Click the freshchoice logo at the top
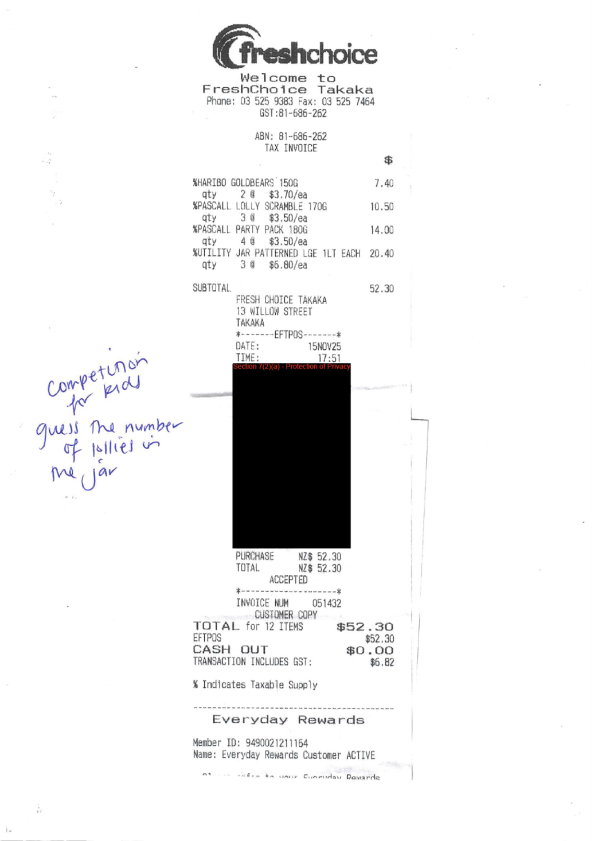(295, 49)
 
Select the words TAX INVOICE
(291, 148)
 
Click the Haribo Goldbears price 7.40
(383, 184)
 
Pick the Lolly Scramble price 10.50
(382, 207)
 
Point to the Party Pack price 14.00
(382, 230)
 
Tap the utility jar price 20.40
(381, 254)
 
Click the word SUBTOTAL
(212, 288)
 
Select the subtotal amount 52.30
(381, 289)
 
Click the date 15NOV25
(324, 346)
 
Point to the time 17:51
(329, 358)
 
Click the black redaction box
(291, 459)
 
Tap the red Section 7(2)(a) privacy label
(291, 367)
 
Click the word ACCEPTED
(288, 580)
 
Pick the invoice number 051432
(326, 604)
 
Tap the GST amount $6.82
(382, 663)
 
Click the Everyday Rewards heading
(288, 719)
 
